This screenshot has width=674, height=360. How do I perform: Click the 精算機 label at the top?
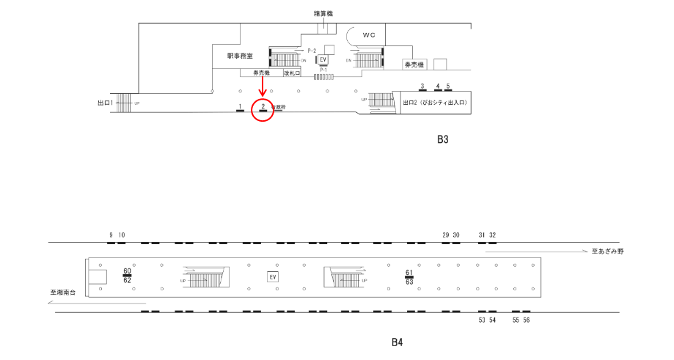click(323, 13)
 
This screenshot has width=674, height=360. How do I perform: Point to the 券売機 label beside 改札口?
click(261, 73)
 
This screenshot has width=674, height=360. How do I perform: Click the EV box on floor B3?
click(322, 59)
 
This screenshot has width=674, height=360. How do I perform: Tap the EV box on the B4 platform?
click(273, 276)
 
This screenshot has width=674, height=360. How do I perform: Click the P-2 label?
click(312, 51)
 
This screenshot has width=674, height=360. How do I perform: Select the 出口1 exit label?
click(104, 103)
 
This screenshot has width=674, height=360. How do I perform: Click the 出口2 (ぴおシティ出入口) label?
click(435, 103)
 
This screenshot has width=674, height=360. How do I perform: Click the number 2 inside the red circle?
click(263, 106)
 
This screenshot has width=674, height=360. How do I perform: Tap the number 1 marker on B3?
click(240, 106)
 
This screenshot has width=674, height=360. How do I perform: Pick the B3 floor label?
click(442, 139)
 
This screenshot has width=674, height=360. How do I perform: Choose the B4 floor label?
click(398, 342)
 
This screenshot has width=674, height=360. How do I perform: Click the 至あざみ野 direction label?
click(607, 251)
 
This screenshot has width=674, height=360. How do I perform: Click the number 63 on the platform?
click(409, 282)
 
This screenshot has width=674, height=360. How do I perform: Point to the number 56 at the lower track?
click(526, 320)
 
